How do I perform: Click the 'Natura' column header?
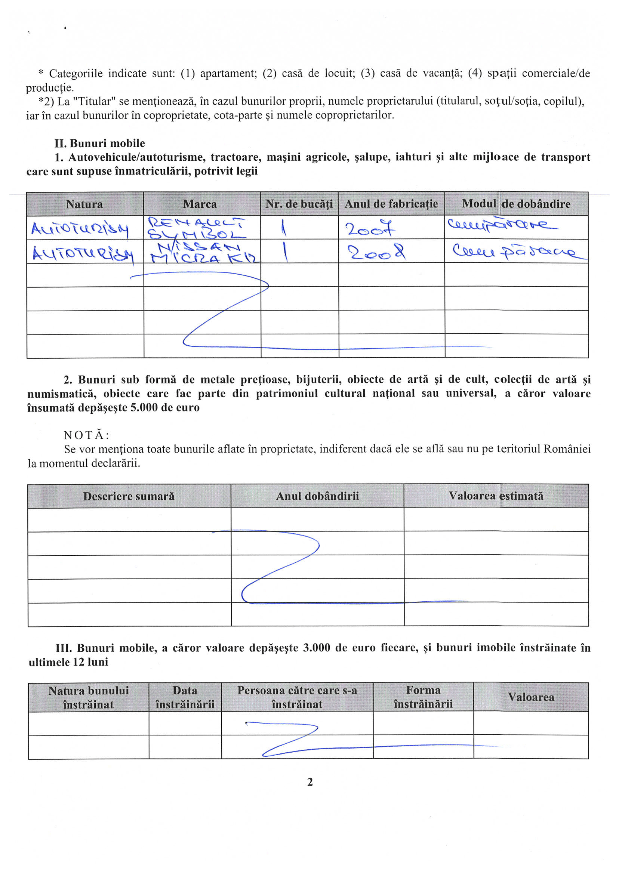click(x=84, y=204)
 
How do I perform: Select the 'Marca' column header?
click(x=200, y=204)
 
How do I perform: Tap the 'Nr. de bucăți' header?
click(x=299, y=204)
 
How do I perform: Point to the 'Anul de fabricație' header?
click(x=391, y=204)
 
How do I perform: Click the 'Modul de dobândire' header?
click(x=516, y=204)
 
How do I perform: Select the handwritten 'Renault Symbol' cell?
click(x=196, y=228)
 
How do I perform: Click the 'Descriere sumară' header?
click(x=129, y=496)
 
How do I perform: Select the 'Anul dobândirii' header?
click(x=317, y=496)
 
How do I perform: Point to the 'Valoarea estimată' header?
click(x=496, y=496)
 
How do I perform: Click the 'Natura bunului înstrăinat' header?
click(x=89, y=697)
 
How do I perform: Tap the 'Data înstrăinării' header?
click(x=185, y=697)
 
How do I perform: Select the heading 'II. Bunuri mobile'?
click(x=99, y=143)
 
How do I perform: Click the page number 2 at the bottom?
click(x=310, y=782)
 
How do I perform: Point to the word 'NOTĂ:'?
click(x=87, y=435)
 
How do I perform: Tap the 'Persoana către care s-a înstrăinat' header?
click(x=297, y=697)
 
